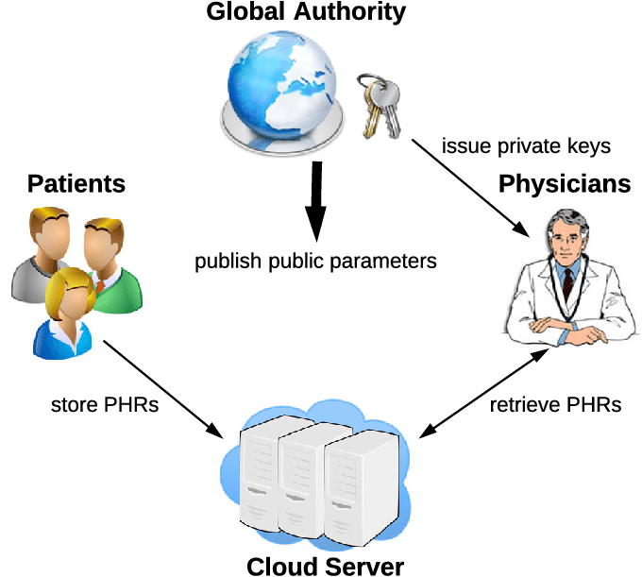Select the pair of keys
(x=380, y=104)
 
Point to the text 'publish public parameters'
(x=316, y=261)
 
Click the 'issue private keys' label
(x=526, y=146)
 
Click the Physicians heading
(x=565, y=183)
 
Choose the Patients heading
(x=76, y=183)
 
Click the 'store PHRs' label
(x=105, y=406)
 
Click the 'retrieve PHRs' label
(x=555, y=406)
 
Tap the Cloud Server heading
(x=326, y=566)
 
